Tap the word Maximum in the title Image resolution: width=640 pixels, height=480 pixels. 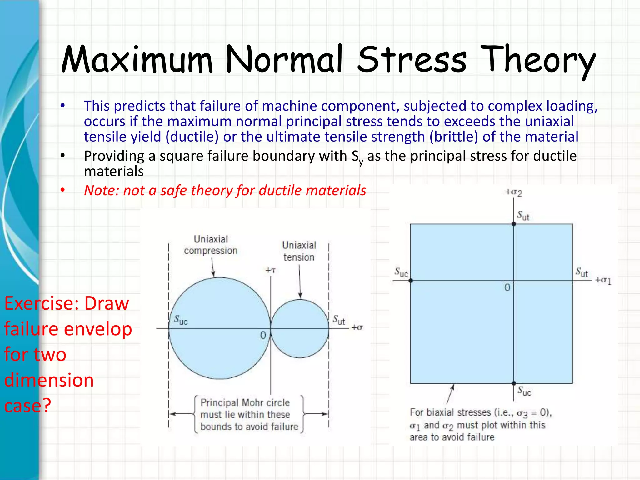click(137, 59)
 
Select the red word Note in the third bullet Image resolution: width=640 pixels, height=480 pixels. click(99, 190)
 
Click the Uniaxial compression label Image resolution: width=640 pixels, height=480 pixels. click(211, 245)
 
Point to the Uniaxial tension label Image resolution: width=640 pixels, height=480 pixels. click(299, 251)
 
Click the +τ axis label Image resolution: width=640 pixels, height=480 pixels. click(270, 270)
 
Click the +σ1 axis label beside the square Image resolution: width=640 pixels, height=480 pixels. click(603, 280)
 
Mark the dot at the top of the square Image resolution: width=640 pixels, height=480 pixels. click(514, 224)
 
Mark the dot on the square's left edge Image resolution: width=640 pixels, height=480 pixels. click(411, 281)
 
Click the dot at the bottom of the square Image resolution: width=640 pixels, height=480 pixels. click(514, 383)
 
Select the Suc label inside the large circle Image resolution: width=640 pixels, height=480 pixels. click(181, 320)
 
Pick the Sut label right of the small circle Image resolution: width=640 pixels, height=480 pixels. click(339, 320)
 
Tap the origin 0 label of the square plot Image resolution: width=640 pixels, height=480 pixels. click(507, 287)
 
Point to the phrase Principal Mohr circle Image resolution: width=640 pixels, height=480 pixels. click(245, 402)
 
